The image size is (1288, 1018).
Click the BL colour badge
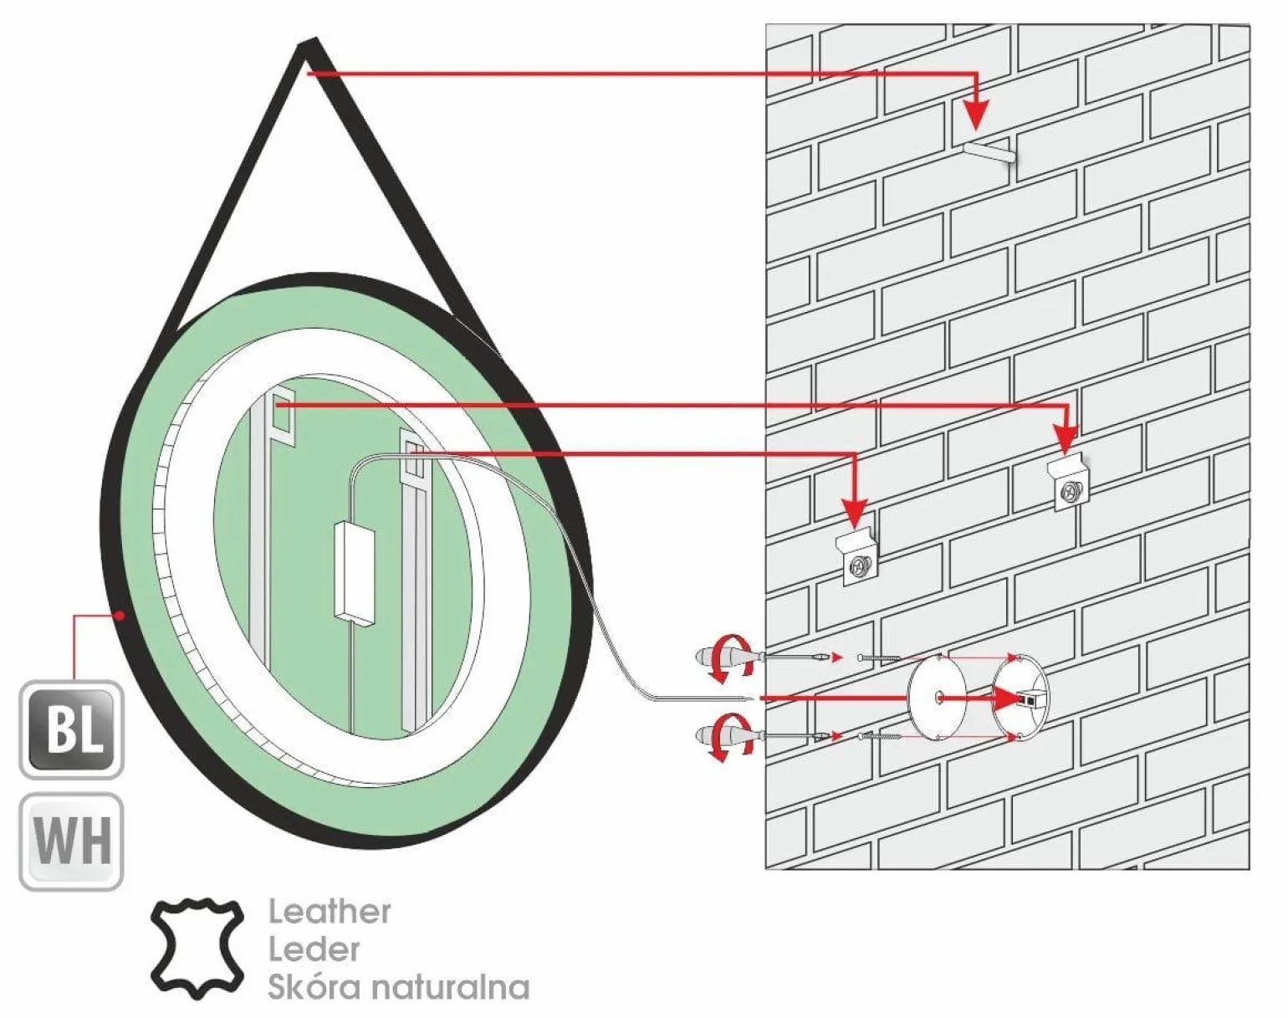(71, 729)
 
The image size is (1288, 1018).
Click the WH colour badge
(71, 842)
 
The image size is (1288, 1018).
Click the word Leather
(329, 912)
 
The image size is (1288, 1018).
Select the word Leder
(314, 949)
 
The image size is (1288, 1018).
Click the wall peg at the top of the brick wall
(989, 153)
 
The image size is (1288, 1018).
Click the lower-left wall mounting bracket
(858, 559)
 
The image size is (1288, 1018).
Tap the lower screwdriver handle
(723, 735)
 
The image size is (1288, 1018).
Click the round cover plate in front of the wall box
(937, 697)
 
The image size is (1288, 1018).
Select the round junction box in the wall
(1021, 697)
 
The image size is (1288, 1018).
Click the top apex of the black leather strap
(309, 47)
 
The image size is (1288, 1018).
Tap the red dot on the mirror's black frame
(122, 616)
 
